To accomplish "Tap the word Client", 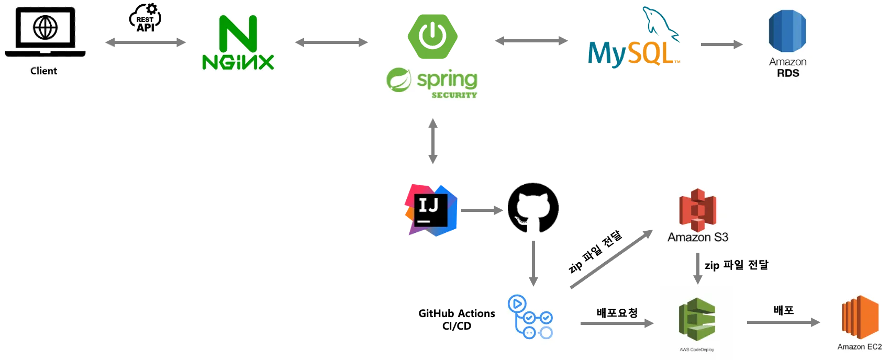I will point(43,71).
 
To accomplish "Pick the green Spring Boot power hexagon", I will point(433,36).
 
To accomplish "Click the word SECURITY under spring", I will point(454,95).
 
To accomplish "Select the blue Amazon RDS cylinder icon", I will point(787,31).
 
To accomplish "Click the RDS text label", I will point(787,73).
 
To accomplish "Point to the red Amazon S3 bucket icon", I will point(697,210).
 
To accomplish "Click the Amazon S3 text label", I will point(697,238).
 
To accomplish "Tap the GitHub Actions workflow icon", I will point(530,320).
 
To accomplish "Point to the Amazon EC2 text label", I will point(859,347).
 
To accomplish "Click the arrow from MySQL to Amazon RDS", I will point(720,44).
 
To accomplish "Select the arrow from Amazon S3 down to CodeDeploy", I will point(697,268).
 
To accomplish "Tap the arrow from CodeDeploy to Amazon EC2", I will point(783,322).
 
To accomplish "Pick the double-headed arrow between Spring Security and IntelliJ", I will point(433,142).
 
